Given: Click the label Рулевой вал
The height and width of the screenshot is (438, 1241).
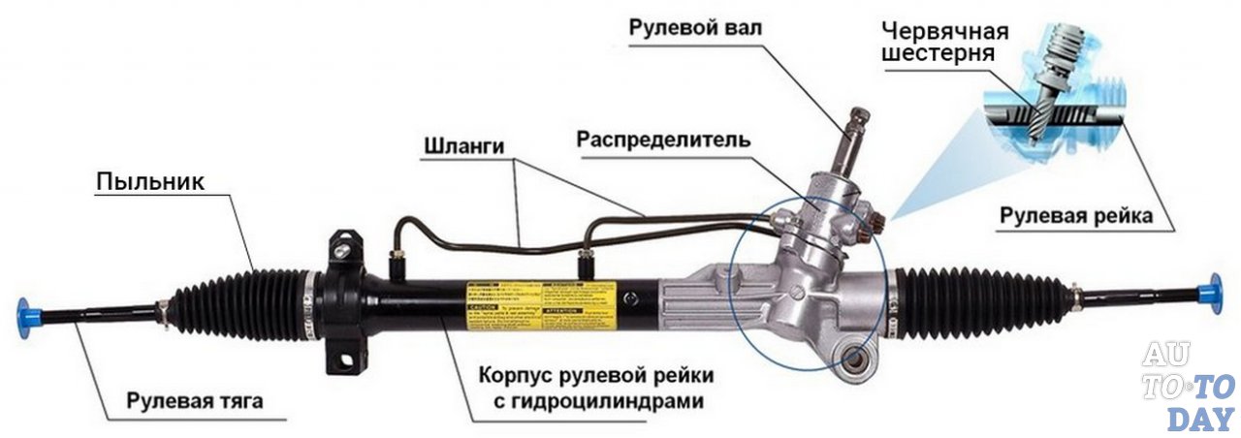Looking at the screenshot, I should point(695,27).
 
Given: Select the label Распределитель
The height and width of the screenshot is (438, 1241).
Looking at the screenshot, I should point(663,139).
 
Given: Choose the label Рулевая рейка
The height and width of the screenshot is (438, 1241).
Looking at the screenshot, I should point(1076,216).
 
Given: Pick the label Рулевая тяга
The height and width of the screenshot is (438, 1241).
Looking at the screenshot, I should point(194,400).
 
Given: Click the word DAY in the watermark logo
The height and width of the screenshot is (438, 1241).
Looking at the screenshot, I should point(1199,419).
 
